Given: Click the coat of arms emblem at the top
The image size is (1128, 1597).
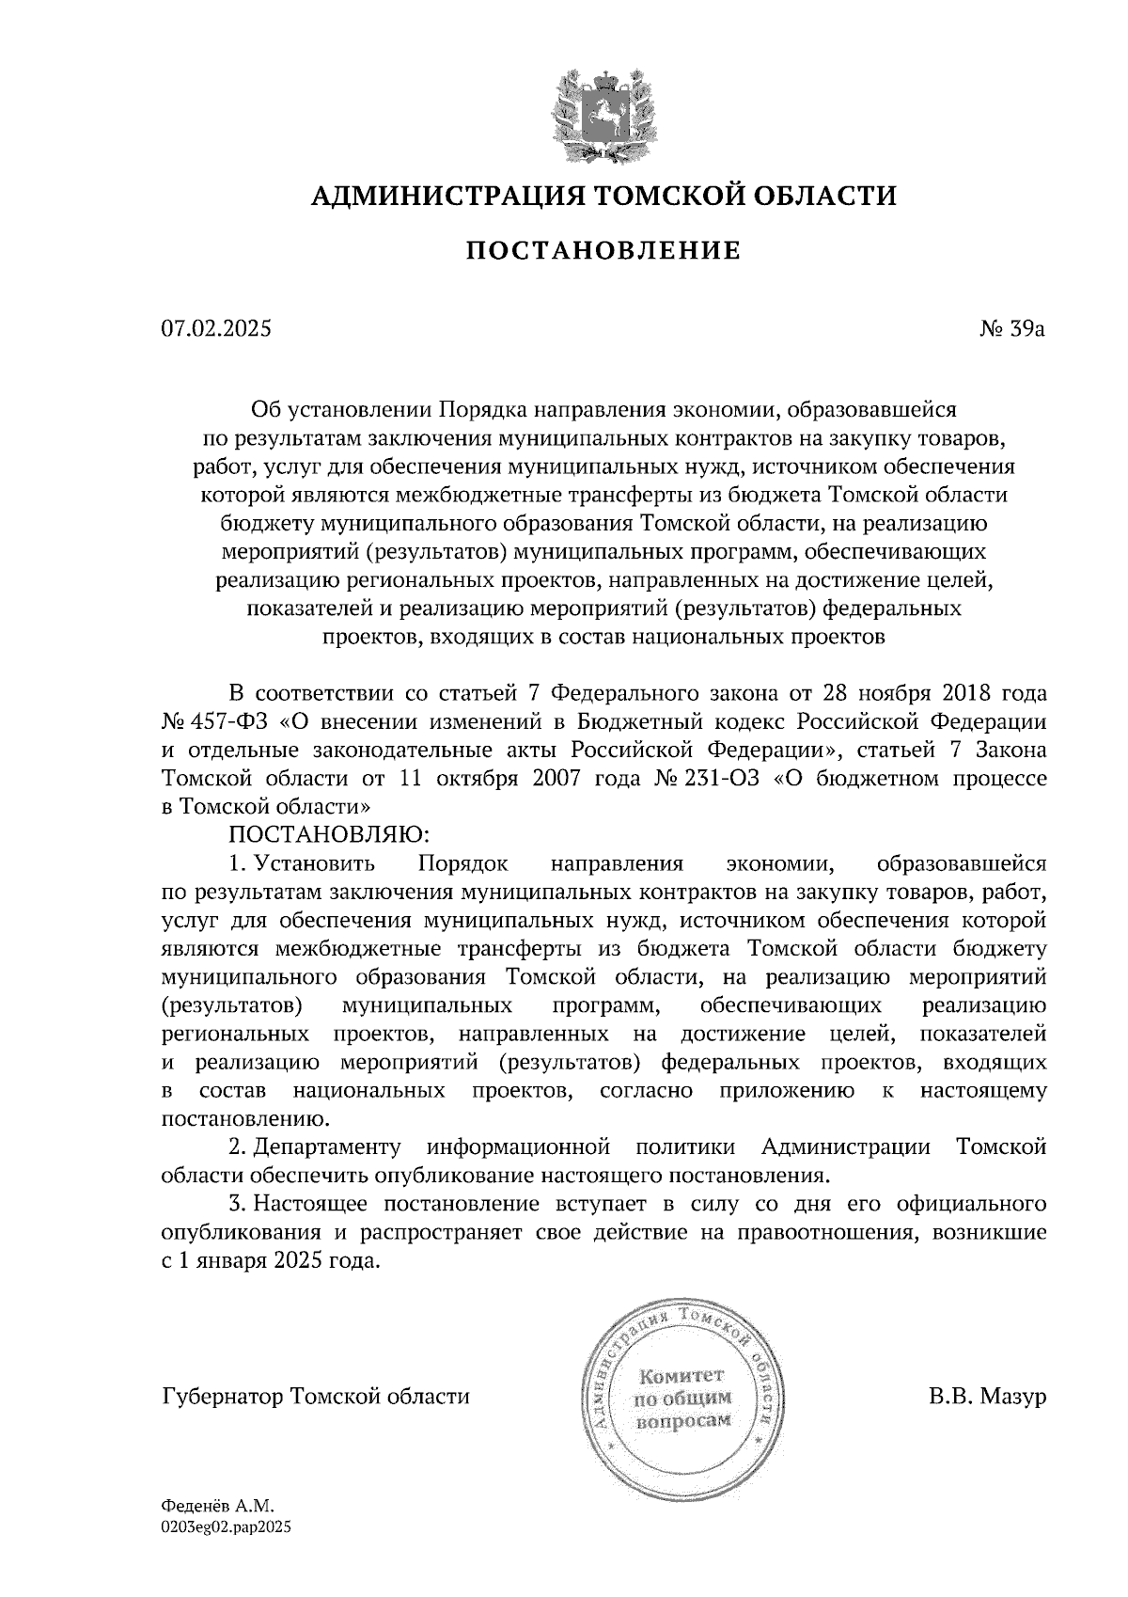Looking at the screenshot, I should [603, 111].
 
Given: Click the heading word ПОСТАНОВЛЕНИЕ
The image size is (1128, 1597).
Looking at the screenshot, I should [603, 251].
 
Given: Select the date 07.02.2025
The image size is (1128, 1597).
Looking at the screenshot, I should [216, 329].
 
